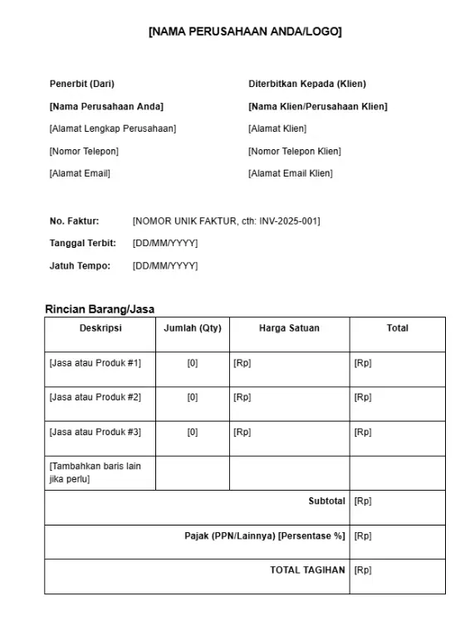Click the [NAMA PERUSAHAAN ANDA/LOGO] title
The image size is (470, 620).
244,31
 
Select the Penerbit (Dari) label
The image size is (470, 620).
82,84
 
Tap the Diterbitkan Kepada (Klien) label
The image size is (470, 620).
307,84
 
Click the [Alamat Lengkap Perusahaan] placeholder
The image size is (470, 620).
113,128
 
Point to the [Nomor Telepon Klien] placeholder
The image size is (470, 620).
294,151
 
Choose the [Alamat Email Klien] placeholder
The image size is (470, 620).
290,173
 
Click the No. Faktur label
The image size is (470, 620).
74,220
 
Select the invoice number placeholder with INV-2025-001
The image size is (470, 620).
226,220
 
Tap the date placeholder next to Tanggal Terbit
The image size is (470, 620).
165,243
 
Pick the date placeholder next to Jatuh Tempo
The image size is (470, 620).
165,266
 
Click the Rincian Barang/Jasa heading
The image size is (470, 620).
100,309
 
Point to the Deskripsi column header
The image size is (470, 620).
100,328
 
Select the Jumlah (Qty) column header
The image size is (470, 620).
193,328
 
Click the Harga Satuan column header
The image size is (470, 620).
289,328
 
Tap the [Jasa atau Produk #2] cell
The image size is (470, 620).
95,397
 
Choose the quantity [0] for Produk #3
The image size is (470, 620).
193,432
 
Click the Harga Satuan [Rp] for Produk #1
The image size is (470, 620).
242,363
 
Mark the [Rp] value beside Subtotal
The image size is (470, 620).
363,501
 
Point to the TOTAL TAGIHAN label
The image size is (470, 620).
307,570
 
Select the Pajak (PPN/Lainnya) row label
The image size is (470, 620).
264,536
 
